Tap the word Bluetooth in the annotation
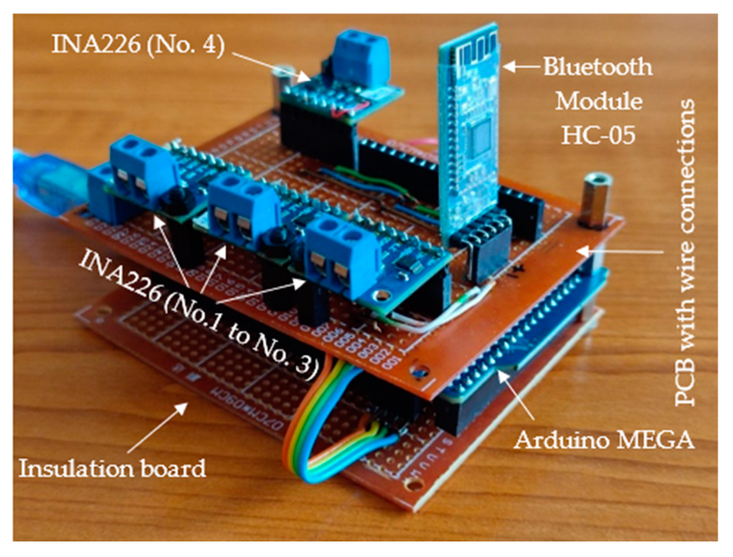(597, 67)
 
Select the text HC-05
(598, 135)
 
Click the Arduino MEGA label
(604, 441)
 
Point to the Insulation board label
(113, 468)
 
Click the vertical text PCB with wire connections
(685, 253)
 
